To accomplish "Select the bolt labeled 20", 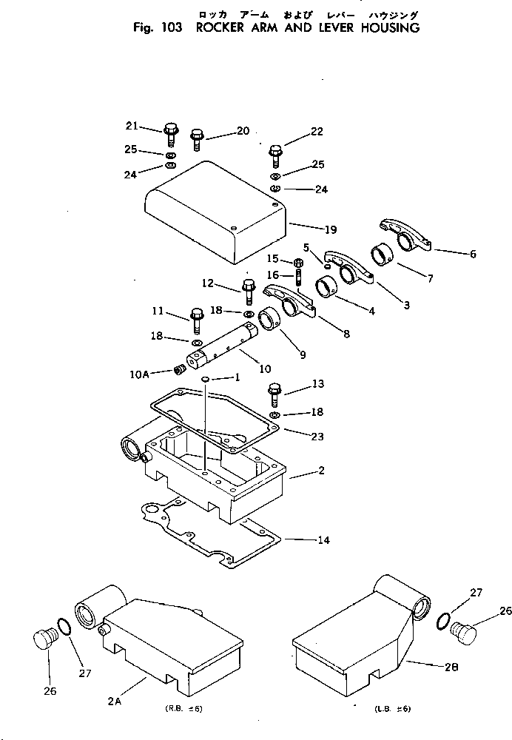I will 197,138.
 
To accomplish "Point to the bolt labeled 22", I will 276,154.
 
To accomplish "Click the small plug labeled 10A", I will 178,369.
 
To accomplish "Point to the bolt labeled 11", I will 197,318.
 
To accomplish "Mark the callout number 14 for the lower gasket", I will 323,541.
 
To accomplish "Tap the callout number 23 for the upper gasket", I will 317,437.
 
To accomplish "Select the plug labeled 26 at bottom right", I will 465,633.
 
